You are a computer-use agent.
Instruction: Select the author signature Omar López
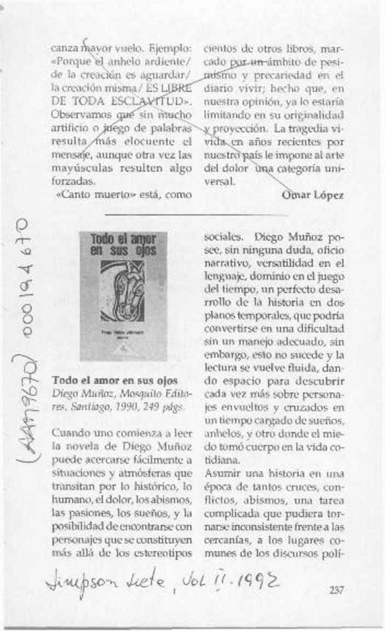312,195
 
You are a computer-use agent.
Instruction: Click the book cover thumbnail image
123,296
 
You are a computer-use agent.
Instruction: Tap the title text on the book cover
123,245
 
